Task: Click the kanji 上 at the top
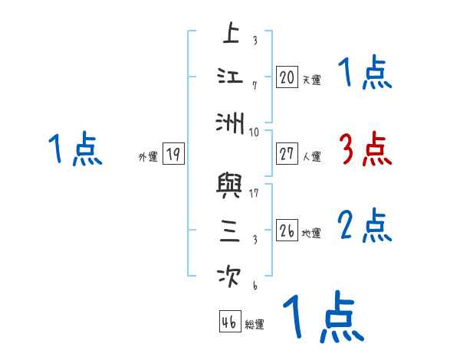point(231,34)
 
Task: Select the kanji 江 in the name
point(231,77)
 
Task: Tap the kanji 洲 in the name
point(231,121)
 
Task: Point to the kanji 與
point(231,186)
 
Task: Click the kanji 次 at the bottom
point(231,273)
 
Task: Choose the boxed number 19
point(173,155)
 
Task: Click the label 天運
point(311,80)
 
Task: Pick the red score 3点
point(365,149)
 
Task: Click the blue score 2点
point(365,226)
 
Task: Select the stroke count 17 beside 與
point(254,193)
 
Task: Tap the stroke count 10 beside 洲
point(255,132)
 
